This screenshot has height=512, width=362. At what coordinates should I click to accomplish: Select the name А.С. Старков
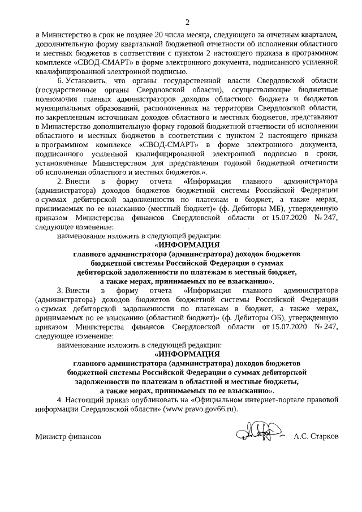point(316,437)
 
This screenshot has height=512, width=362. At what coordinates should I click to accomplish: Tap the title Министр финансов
point(68,437)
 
